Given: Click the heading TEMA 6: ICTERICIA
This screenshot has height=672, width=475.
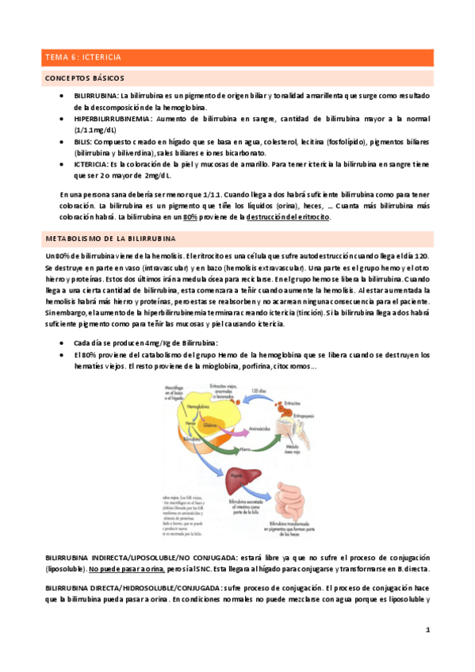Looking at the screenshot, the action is coord(82,57).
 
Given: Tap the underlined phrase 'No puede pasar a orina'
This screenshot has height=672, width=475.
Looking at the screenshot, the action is coord(128,570).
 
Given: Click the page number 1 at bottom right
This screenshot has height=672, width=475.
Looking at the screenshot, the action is coord(427,630).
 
